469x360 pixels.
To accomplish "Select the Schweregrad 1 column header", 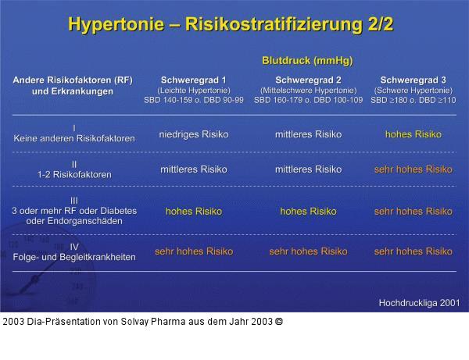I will [193, 80].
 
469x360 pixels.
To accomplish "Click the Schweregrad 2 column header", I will [308, 80].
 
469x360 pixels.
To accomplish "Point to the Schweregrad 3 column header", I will [412, 80].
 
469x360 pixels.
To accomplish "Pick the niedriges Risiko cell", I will [193, 134].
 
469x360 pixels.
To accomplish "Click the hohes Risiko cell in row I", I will [413, 134].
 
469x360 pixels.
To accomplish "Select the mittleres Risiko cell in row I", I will [308, 134].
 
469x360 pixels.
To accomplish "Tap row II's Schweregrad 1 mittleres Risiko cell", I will [193, 169].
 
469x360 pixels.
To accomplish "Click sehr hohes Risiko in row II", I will [413, 169].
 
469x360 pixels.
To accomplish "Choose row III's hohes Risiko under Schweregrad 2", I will [308, 212].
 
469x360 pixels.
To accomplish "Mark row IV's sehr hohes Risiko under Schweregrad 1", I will [193, 251].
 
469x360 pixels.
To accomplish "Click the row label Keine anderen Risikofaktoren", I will [74, 138].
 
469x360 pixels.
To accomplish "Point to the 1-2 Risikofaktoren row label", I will [74, 174].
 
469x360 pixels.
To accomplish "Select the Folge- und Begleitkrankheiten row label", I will [74, 256].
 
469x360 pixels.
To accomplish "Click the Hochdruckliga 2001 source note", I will [419, 302].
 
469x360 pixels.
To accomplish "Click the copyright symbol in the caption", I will [279, 321].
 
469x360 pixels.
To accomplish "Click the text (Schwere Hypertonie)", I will [412, 91].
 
